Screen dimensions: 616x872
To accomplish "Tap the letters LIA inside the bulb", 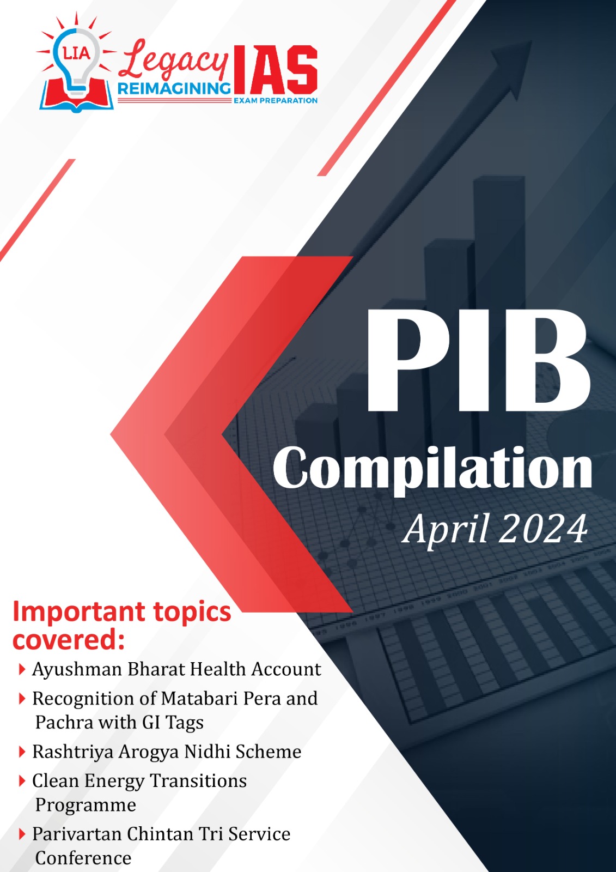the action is pyautogui.click(x=77, y=53).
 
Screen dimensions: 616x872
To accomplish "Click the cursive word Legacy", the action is pyautogui.click(x=174, y=62).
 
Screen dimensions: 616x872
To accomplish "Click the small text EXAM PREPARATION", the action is pyautogui.click(x=275, y=100).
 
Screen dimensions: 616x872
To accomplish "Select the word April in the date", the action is pyautogui.click(x=446, y=530).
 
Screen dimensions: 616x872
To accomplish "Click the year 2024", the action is pyautogui.click(x=542, y=529).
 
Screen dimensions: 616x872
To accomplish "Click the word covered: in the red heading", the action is pyautogui.click(x=69, y=640).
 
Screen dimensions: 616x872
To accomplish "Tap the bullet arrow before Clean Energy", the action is pyautogui.click(x=22, y=781).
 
